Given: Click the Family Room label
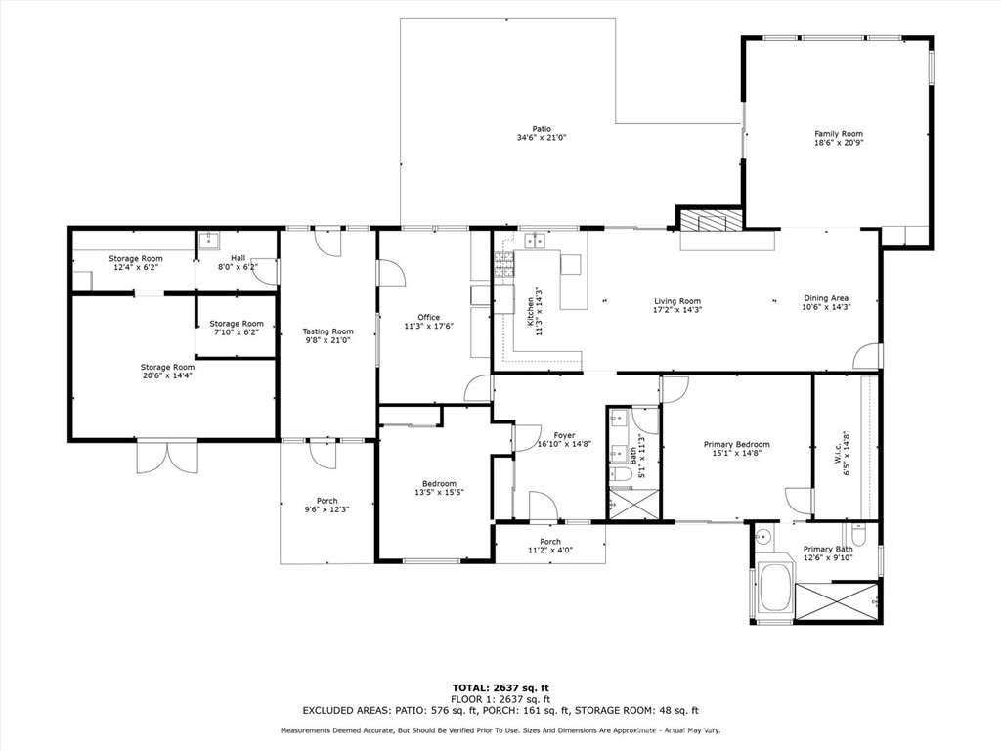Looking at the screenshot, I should [839, 134].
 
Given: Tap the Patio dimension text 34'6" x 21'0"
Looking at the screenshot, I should [542, 138].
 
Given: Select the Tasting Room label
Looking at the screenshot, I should [327, 332].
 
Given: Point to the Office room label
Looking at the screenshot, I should [428, 317].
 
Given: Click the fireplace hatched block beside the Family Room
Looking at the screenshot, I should [711, 221].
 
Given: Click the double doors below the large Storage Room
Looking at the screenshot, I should [159, 457].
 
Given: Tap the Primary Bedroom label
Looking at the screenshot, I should [736, 444].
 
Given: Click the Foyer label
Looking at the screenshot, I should [564, 435].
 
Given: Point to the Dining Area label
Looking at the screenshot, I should [826, 298].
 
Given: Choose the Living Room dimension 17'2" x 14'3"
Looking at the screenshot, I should [677, 310].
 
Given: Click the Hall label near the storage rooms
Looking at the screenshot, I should [210, 258].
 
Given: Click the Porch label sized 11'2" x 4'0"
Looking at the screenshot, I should [550, 542].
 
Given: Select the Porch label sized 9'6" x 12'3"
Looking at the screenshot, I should [326, 501].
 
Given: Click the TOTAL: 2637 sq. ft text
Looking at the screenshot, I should [500, 687].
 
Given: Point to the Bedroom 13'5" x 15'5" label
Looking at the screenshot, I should [439, 483].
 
